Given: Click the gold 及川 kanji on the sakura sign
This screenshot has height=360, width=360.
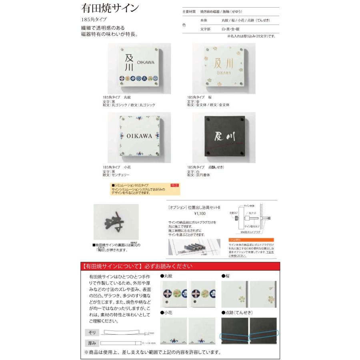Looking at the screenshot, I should [x=224, y=64].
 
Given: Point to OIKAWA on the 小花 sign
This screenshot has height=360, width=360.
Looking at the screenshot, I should [x=140, y=136].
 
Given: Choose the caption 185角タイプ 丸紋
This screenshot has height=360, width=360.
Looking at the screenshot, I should [x=117, y=97].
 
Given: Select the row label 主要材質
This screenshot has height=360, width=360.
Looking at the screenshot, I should [x=188, y=12].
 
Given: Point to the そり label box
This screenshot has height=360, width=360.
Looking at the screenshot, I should [x=92, y=332].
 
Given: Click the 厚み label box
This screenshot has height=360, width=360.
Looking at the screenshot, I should [x=92, y=343].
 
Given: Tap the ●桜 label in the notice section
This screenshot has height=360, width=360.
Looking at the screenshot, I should [x=227, y=276].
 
